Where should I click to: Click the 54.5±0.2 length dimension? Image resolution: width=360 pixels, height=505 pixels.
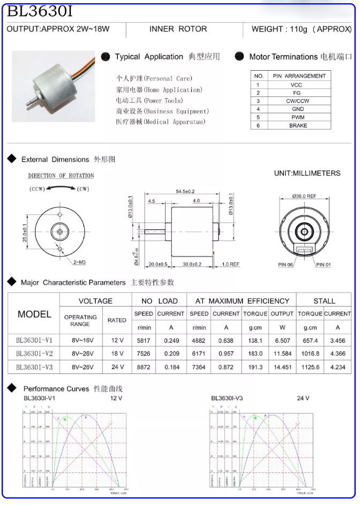tap(185, 191)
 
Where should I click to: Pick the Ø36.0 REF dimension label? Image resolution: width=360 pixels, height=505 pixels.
tap(304, 196)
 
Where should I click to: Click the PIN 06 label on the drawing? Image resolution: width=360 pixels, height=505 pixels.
tap(286, 265)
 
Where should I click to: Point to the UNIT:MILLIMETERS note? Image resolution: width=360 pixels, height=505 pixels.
tap(307, 174)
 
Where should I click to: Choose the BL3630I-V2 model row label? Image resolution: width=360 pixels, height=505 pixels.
tap(35, 353)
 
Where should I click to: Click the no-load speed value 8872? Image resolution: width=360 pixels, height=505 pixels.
tap(143, 367)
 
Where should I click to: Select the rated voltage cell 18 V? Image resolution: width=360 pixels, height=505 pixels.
tap(117, 353)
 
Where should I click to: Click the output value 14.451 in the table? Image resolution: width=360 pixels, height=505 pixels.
tap(282, 367)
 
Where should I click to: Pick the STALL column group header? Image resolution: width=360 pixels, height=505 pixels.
tap(324, 301)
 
